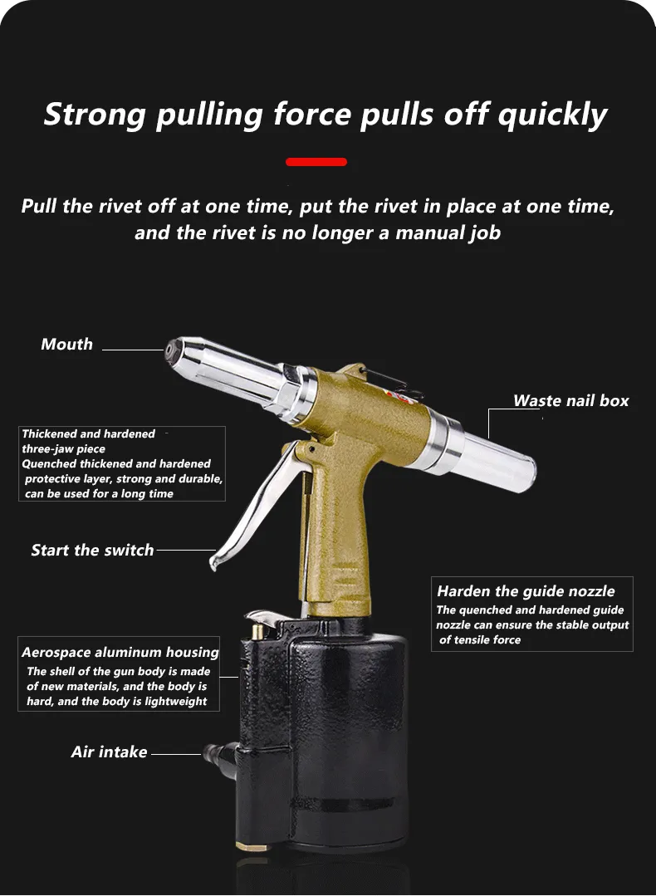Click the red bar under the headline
(x=316, y=162)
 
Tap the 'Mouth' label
(x=67, y=344)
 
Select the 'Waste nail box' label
(x=570, y=400)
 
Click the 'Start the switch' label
(x=92, y=550)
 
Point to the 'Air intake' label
(x=109, y=752)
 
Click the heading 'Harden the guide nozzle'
(x=526, y=591)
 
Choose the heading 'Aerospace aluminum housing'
(x=120, y=652)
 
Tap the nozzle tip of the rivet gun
(x=171, y=350)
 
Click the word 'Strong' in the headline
(x=95, y=115)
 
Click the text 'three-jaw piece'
(x=63, y=449)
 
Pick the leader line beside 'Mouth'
(x=134, y=350)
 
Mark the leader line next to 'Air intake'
(x=176, y=754)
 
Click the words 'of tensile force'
(x=480, y=640)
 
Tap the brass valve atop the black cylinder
(x=257, y=631)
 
